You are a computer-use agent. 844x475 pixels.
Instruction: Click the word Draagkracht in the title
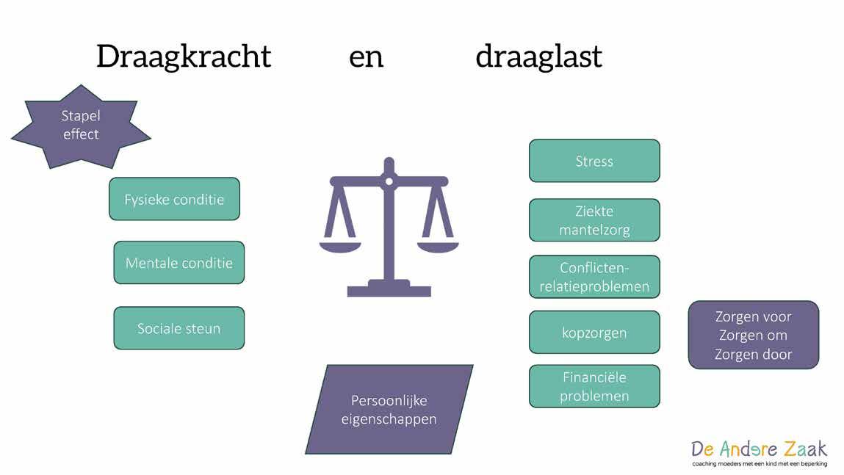[x=184, y=57]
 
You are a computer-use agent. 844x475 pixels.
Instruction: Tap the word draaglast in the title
[x=538, y=57]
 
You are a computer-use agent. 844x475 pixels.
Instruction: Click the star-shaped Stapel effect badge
[x=81, y=126]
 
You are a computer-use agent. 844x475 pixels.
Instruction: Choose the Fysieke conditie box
[x=174, y=199]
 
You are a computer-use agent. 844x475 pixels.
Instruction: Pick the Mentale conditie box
[x=178, y=263]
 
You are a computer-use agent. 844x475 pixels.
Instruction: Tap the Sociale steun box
[x=178, y=328]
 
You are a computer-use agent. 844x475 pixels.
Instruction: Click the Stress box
[x=594, y=161]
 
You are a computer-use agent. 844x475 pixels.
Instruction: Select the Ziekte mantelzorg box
[x=594, y=220]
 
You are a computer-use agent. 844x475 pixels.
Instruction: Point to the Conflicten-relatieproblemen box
[x=594, y=277]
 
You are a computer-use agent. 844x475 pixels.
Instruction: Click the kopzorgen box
[x=594, y=333]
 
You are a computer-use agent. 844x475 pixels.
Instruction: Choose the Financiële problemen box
[x=594, y=386]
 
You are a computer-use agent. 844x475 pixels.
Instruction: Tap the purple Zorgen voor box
[x=754, y=335]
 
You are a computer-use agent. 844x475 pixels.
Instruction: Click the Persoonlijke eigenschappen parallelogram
[x=389, y=410]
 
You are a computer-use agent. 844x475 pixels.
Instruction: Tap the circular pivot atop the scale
[x=389, y=179]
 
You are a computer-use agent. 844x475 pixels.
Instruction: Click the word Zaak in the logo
[x=799, y=449]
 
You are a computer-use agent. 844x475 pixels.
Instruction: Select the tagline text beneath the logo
[x=759, y=464]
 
